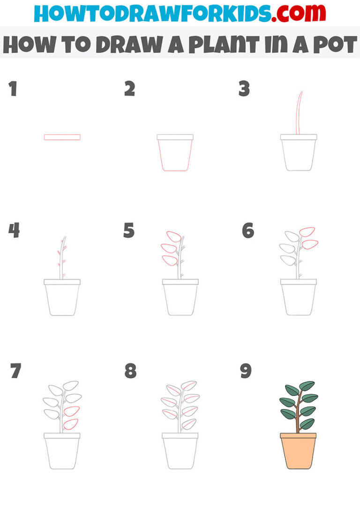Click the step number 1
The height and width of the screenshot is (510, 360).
13,89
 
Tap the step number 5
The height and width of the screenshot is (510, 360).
129,231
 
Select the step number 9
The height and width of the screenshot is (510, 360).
246,371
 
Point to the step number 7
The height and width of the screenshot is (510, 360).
15,371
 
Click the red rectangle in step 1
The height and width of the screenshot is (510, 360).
62,137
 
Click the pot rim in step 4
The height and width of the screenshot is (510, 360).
62,282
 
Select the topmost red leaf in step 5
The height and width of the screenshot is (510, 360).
174,236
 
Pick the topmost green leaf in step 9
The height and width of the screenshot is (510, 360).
307,386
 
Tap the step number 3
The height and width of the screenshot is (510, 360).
244,89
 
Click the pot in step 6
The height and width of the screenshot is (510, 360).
298,300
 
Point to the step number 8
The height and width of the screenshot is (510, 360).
130,371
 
